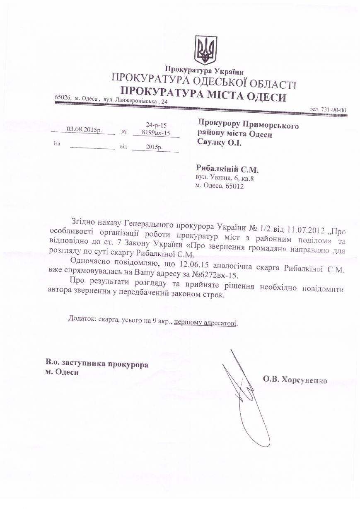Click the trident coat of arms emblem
pyautogui.click(x=205, y=50)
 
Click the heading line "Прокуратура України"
pyautogui.click(x=204, y=70)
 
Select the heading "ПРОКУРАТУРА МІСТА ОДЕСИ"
pyautogui.click(x=203, y=95)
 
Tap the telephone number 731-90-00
pyautogui.click(x=333, y=109)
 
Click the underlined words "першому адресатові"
pyautogui.click(x=206, y=322)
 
